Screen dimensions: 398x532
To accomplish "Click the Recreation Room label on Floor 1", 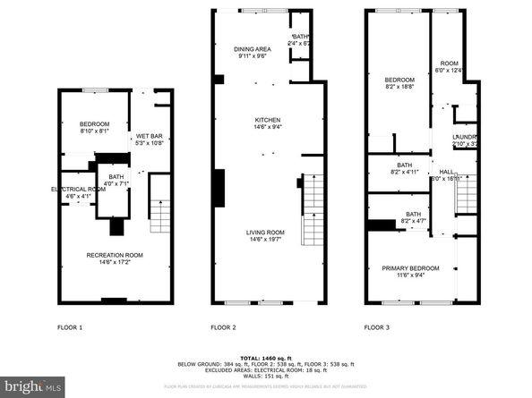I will pos(114,256).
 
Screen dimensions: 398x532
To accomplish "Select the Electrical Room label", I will pos(79,190).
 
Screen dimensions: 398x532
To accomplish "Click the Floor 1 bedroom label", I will pos(93,123).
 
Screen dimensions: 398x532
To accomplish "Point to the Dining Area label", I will pos(253,48).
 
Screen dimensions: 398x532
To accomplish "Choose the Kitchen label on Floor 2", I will pos(268,120).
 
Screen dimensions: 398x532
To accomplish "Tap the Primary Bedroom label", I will pos(410,268).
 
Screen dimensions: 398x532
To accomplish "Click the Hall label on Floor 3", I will pos(445,172).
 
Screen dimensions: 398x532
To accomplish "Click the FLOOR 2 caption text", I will pos(223,328).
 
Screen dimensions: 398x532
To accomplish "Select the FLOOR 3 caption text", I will pos(377,328).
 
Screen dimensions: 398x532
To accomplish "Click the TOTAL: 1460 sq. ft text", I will pos(265,356).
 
